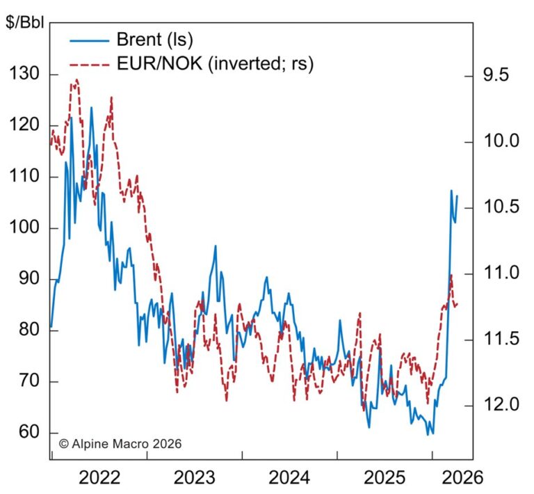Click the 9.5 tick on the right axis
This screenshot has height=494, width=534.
pyautogui.click(x=495, y=75)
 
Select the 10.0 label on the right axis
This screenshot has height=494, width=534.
pyautogui.click(x=499, y=141)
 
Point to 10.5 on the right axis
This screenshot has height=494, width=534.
pyautogui.click(x=499, y=207)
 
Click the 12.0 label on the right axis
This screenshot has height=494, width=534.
pyautogui.click(x=499, y=405)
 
